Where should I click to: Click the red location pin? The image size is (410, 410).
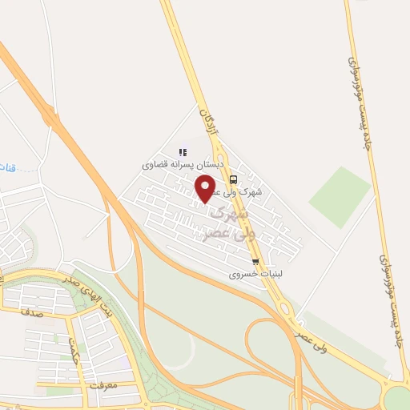coord(206,188)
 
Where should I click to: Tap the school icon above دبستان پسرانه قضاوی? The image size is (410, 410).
coord(183,152)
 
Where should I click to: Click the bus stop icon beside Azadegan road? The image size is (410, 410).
coord(233,179)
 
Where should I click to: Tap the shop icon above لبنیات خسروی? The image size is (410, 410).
coord(255,262)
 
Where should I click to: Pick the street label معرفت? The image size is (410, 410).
coord(103,386)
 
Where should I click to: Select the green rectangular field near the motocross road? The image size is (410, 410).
coord(340,196)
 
